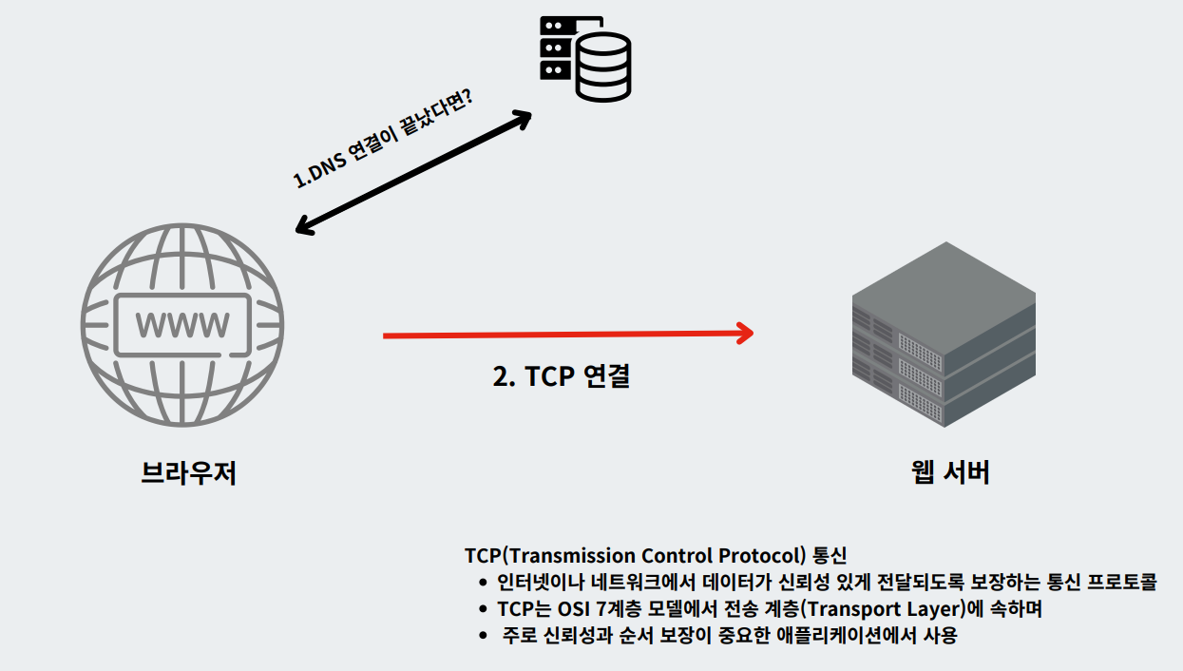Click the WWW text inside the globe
182,326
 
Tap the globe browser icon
182,326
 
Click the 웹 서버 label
950,471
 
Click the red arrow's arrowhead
744,334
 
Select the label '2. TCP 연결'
562,376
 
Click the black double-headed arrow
413,172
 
